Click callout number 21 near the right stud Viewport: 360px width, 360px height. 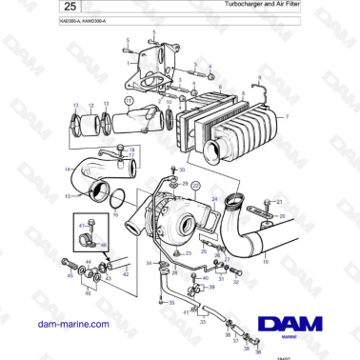point(281,203)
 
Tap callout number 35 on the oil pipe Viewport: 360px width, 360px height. point(173,302)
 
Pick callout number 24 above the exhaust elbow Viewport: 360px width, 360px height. point(215,199)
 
